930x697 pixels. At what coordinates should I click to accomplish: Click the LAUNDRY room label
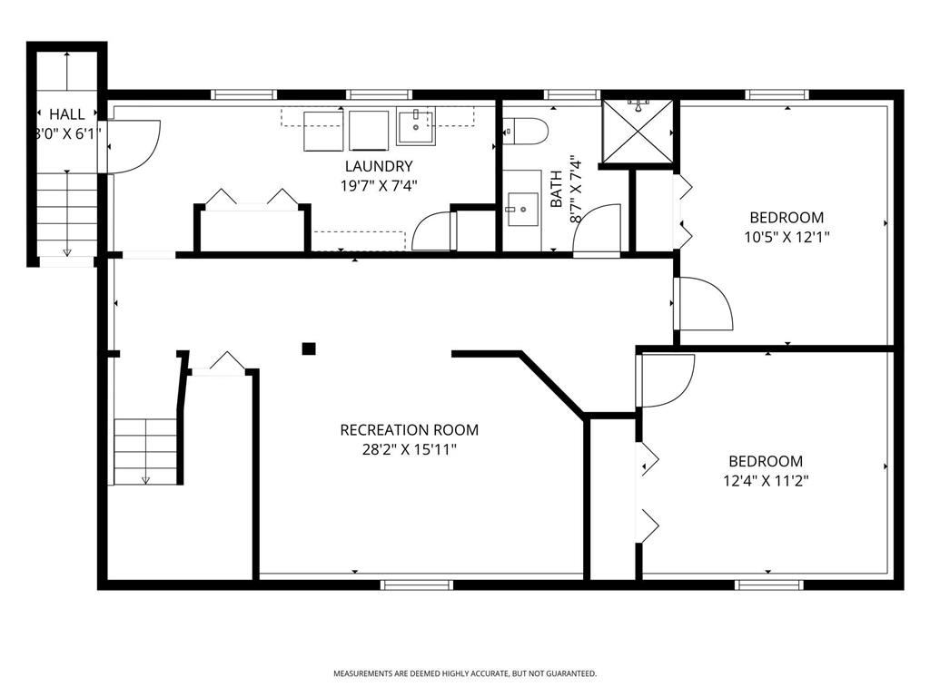pyautogui.click(x=379, y=166)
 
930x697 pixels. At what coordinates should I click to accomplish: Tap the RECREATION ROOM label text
pyautogui.click(x=409, y=430)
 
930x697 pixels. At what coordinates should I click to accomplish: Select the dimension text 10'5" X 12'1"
pyautogui.click(x=787, y=236)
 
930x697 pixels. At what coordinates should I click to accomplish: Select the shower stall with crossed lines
pyautogui.click(x=640, y=133)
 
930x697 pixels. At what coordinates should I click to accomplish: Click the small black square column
pyautogui.click(x=309, y=348)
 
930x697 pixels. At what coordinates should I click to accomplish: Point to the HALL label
pyautogui.click(x=67, y=114)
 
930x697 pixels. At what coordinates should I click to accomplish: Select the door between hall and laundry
pyautogui.click(x=132, y=146)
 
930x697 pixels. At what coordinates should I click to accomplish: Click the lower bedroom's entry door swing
pyautogui.click(x=666, y=379)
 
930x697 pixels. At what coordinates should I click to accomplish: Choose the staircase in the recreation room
pyautogui.click(x=144, y=450)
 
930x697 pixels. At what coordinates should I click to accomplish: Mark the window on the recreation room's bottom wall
pyautogui.click(x=417, y=584)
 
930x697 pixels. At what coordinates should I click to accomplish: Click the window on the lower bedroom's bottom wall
pyautogui.click(x=769, y=584)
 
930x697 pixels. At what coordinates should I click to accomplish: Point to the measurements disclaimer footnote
pyautogui.click(x=465, y=673)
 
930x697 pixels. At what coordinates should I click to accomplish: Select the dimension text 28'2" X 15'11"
pyautogui.click(x=409, y=448)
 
